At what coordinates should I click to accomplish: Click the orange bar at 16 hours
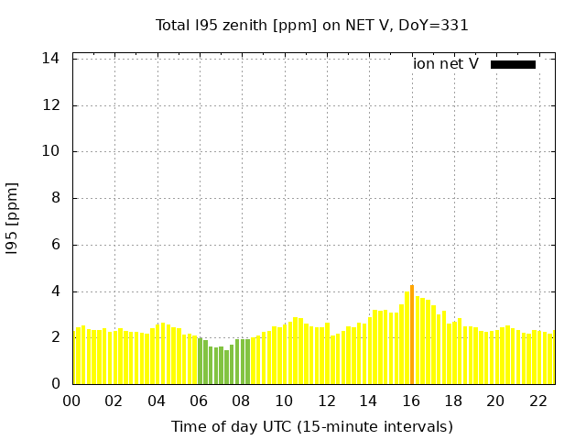[412, 335]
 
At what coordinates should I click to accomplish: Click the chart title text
[312, 26]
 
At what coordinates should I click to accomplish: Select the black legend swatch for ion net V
[513, 64]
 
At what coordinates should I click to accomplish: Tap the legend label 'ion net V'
[446, 64]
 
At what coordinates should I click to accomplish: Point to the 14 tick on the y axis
[51, 59]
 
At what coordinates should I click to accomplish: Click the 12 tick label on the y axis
[51, 105]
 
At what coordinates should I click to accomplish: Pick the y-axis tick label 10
[51, 152]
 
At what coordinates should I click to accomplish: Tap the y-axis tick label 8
[56, 198]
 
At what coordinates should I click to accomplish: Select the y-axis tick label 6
[56, 245]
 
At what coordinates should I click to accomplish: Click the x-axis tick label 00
[72, 401]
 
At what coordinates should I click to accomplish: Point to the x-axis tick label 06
[200, 401]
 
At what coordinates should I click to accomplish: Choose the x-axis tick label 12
[327, 401]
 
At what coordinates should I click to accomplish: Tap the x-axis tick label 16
[411, 401]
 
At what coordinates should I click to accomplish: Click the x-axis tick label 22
[538, 401]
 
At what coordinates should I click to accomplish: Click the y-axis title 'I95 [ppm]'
[13, 218]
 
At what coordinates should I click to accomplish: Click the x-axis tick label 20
[496, 401]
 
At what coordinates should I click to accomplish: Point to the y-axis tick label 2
[56, 337]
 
